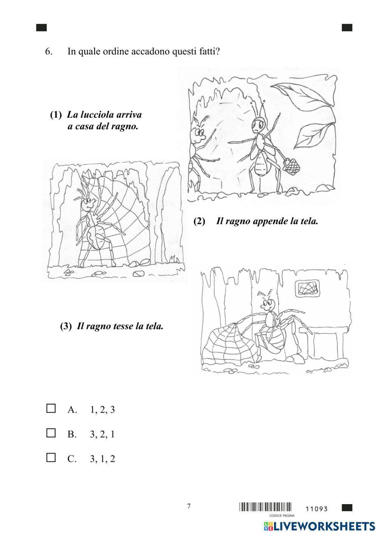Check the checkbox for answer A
pyautogui.click(x=51, y=409)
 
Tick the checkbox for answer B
pyautogui.click(x=51, y=433)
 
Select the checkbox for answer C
pyautogui.click(x=51, y=458)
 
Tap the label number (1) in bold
pyautogui.click(x=56, y=115)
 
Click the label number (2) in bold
pyautogui.click(x=199, y=221)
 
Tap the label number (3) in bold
pyautogui.click(x=66, y=326)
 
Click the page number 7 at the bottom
pyautogui.click(x=189, y=506)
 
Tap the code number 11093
pyautogui.click(x=316, y=509)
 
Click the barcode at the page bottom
pyautogui.click(x=265, y=507)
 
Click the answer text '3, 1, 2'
pyautogui.click(x=102, y=459)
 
